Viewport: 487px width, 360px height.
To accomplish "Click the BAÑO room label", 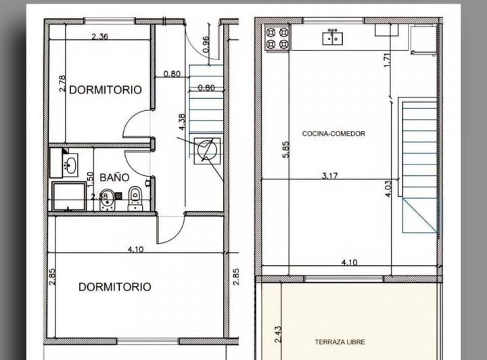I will coord(114,177).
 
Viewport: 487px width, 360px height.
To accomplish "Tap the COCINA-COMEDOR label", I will coord(333,134).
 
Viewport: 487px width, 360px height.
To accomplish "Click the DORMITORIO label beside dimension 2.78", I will coord(106,89).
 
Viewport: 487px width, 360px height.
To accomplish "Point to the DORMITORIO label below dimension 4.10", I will coord(115,287).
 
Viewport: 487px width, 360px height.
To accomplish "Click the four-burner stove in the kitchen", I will coord(276,38).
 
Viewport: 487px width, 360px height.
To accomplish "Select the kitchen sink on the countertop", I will coord(332,37).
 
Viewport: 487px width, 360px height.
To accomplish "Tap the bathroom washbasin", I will coord(69,164).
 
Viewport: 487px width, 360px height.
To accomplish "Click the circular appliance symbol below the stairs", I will coord(208,150).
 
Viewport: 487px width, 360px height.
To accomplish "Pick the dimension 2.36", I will coord(99,37).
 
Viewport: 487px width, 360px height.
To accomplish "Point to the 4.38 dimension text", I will coord(181,122).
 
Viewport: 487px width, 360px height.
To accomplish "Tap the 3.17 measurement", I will coord(330,176).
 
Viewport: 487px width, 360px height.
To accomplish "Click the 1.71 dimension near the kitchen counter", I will coord(387,60).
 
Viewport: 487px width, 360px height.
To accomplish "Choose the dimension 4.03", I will coord(388,187).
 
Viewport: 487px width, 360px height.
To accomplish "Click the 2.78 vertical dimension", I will coord(62,84).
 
